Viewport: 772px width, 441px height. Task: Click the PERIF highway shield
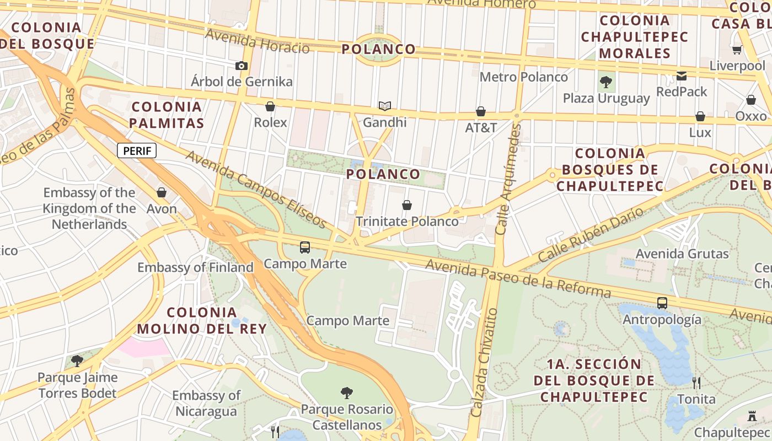(x=137, y=150)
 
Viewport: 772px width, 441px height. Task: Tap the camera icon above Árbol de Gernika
(x=241, y=66)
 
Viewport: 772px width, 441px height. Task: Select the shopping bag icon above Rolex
(x=270, y=106)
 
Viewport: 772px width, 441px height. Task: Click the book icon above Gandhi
(x=384, y=106)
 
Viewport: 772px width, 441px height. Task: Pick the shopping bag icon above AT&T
(x=481, y=112)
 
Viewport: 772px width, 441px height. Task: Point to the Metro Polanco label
(x=523, y=77)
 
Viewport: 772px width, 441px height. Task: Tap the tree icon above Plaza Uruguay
(x=606, y=83)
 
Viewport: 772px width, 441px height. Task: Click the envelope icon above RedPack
(x=682, y=76)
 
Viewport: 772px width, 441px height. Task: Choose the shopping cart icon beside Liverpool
(x=737, y=50)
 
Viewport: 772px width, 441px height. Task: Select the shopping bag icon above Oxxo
(x=750, y=100)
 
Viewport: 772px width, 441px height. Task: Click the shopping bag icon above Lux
(x=700, y=116)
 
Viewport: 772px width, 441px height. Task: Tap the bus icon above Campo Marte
(x=305, y=248)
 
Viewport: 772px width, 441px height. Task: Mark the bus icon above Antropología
(x=662, y=303)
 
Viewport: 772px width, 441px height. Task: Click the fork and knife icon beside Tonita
(x=696, y=383)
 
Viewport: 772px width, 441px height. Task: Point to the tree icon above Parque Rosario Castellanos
(x=347, y=393)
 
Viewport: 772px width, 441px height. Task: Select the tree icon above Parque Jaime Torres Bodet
(x=77, y=361)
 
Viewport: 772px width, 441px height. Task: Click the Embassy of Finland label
(x=195, y=268)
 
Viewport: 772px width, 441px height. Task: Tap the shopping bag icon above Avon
(x=162, y=192)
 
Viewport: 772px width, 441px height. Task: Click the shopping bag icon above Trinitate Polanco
(x=407, y=206)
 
